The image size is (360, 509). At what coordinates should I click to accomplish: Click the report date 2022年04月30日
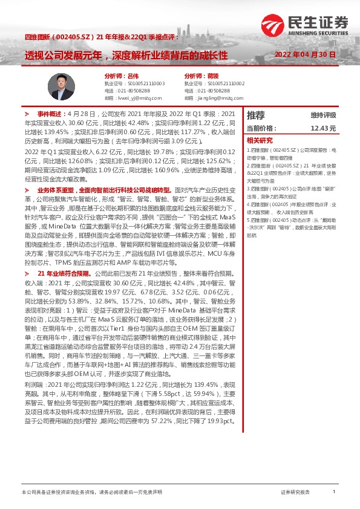[x=300, y=55]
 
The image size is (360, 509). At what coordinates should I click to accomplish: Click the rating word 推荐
[x=256, y=115]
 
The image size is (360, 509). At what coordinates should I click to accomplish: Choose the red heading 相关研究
[x=258, y=140]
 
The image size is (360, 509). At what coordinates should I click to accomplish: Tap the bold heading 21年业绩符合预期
[x=65, y=273]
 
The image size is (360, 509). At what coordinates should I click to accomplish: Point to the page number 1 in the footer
[x=334, y=491]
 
